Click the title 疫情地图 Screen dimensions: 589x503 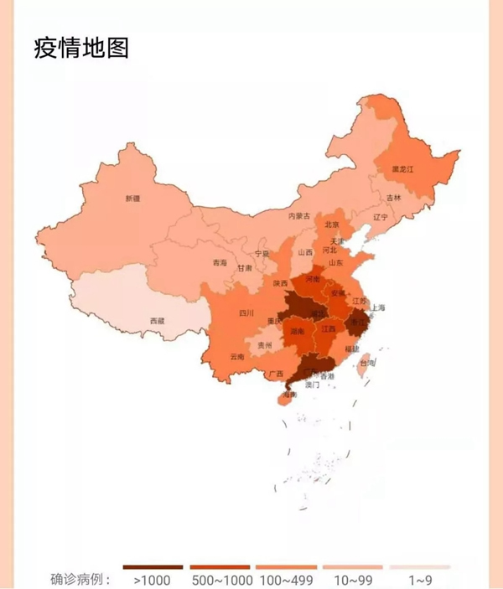81,48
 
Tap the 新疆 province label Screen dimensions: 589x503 132,199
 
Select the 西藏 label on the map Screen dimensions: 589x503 158,321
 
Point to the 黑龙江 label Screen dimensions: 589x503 402,169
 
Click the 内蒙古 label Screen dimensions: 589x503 298,215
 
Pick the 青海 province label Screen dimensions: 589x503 219,262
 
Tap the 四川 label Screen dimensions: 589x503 246,313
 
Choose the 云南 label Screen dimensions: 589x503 236,357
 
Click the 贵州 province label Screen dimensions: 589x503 264,344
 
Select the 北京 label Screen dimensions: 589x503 332,224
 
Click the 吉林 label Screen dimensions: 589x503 394,198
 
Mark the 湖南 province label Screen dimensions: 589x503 297,332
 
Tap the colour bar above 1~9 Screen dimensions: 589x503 419,567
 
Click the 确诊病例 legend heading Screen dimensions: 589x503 80,579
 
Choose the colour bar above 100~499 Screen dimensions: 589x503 286,567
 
